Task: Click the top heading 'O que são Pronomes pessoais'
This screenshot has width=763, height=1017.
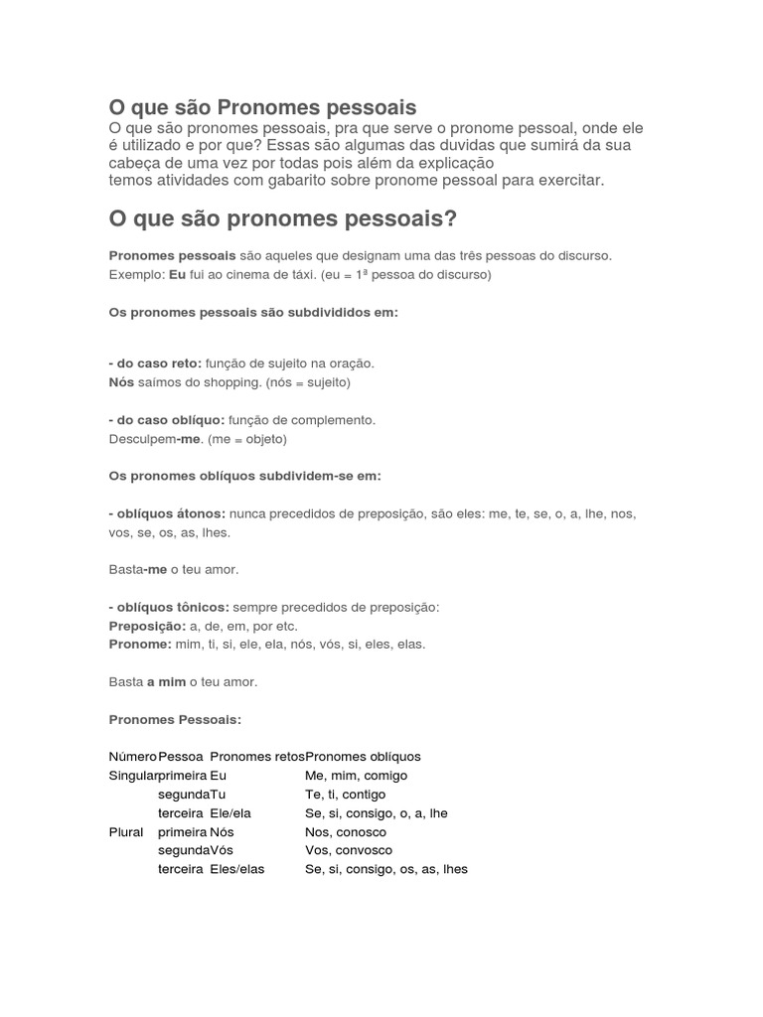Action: point(262,106)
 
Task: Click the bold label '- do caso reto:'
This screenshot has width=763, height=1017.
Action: point(154,363)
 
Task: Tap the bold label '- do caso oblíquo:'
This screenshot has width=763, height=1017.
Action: point(167,420)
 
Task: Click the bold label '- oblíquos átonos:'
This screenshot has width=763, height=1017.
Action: point(167,513)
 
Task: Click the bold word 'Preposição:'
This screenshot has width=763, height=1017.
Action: point(147,626)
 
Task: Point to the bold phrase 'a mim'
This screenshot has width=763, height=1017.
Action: point(166,682)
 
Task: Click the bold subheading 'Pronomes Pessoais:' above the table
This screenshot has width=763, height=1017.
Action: point(175,719)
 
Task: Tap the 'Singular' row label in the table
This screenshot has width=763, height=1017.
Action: point(132,776)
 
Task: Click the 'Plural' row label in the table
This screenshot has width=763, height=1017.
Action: point(126,832)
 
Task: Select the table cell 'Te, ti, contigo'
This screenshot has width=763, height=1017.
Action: point(345,795)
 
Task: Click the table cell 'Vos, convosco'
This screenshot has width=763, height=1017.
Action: point(348,850)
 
